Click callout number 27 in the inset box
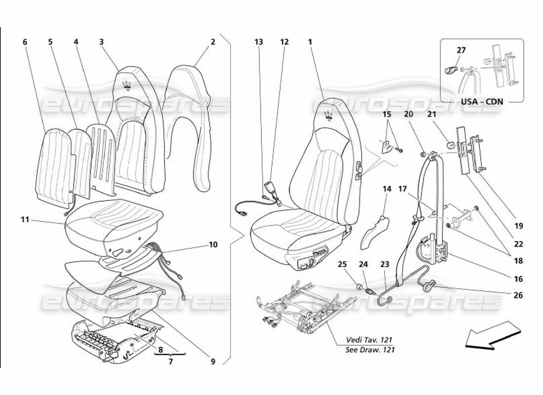(x=461, y=50)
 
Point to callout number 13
(x=259, y=42)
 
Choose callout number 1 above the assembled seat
(x=310, y=42)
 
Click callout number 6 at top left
(x=25, y=42)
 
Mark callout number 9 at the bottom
(x=213, y=361)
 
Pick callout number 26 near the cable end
(x=518, y=296)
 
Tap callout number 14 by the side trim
(x=387, y=189)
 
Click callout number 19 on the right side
(x=518, y=227)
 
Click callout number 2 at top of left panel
(x=213, y=42)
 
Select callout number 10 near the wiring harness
(x=213, y=244)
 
